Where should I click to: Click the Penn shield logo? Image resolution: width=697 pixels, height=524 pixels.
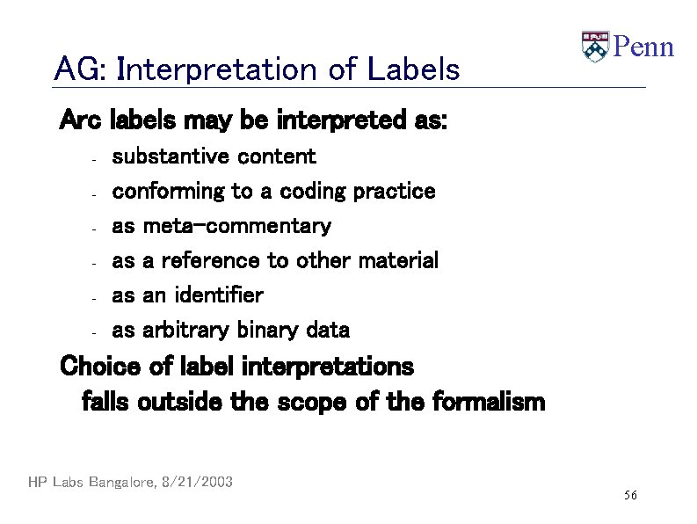tap(595, 47)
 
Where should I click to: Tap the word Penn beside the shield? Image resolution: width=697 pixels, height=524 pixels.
tap(643, 47)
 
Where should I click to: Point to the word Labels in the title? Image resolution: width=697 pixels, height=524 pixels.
tap(413, 69)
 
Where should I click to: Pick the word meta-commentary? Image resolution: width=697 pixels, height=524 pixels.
tap(236, 226)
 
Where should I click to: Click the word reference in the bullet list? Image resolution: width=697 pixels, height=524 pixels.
tap(210, 260)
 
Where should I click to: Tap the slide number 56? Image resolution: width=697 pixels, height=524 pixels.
tap(630, 497)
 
